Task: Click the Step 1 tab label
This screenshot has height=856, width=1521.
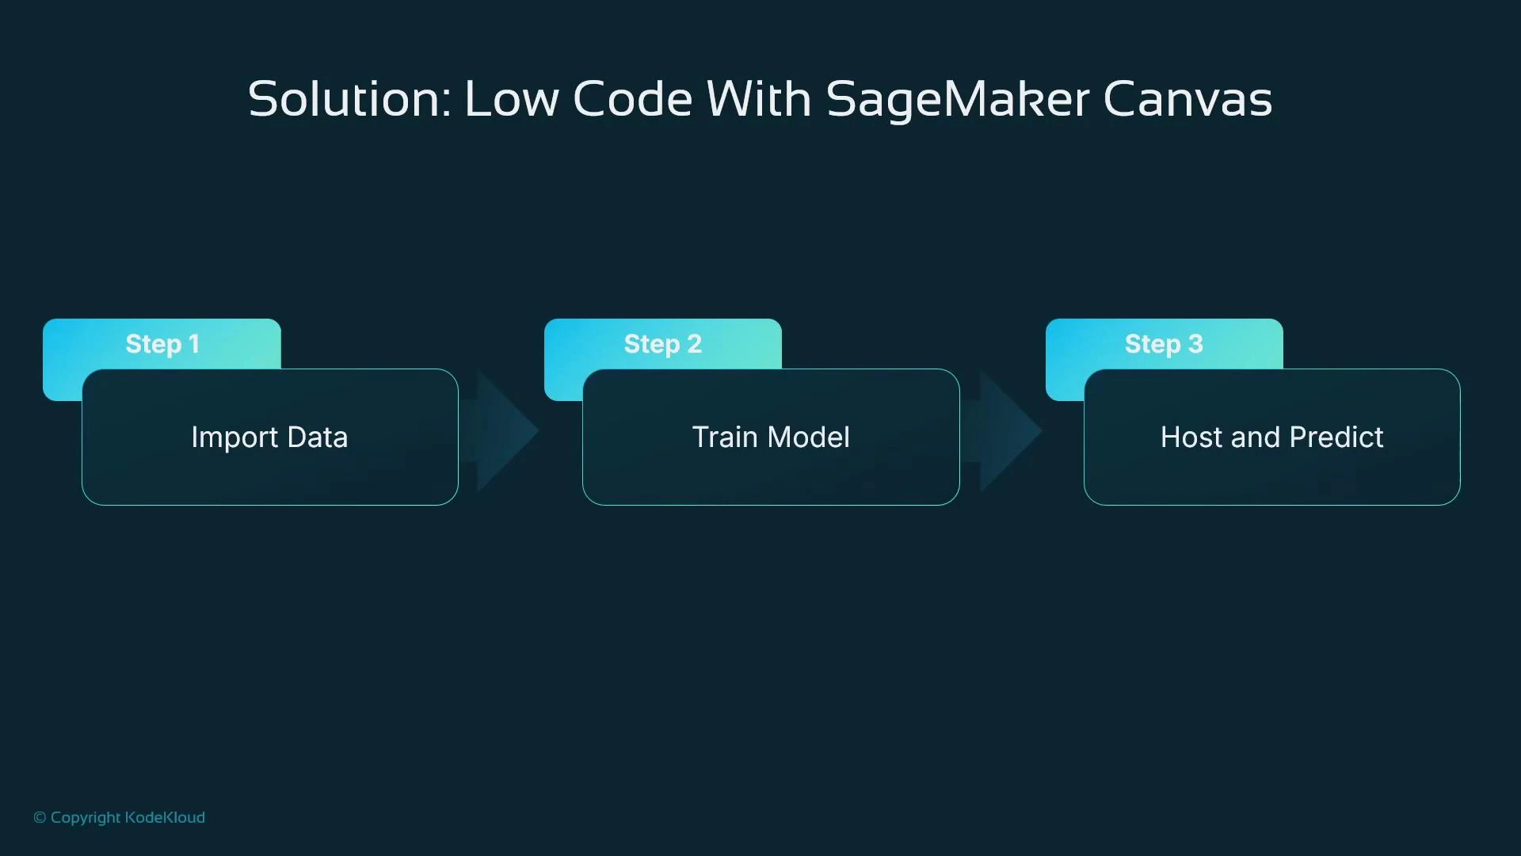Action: [x=162, y=344]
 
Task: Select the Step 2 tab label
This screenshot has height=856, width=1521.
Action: [x=663, y=344]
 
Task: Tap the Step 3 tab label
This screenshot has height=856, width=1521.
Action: [x=1164, y=344]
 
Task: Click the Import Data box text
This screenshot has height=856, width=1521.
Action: [x=269, y=438]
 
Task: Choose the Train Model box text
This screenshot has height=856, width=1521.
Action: [x=771, y=438]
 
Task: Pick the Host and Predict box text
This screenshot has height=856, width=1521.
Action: [x=1271, y=438]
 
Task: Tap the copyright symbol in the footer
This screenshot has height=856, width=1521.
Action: [x=40, y=818]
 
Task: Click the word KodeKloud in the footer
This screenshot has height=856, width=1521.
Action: [x=165, y=818]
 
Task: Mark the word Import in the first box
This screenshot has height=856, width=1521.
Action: [x=234, y=438]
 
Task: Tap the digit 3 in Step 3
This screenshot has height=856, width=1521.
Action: [x=1195, y=344]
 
